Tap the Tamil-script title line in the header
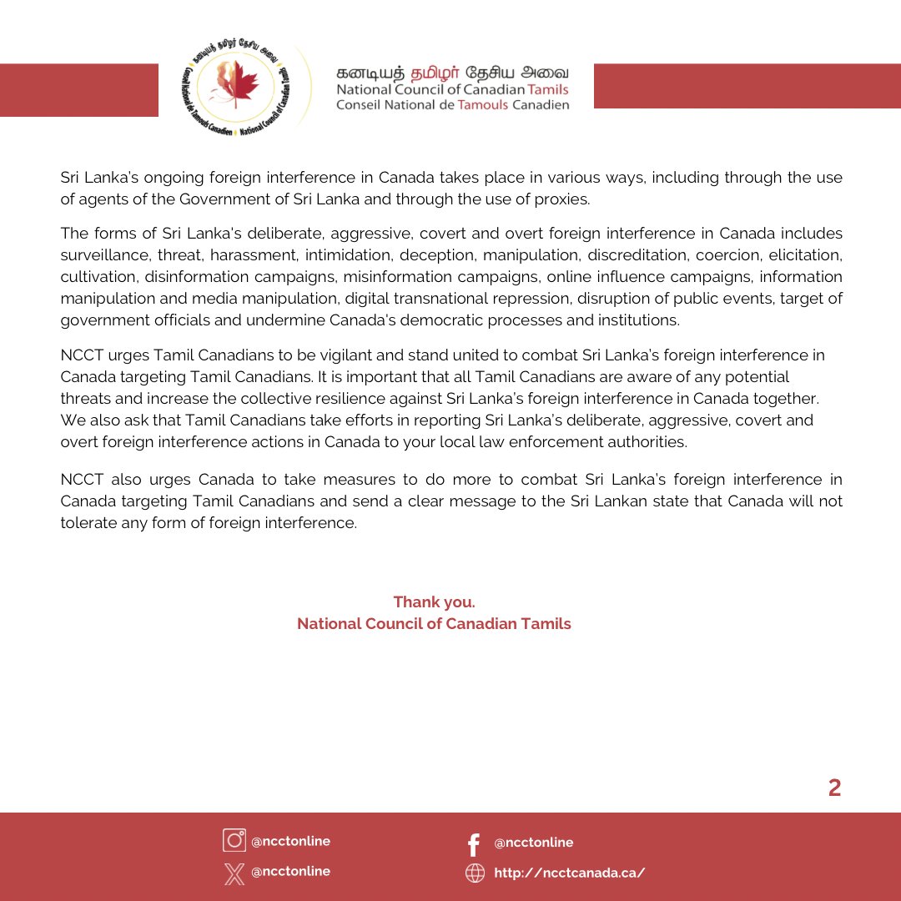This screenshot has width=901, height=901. point(453,72)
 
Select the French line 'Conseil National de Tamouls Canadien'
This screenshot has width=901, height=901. point(453,105)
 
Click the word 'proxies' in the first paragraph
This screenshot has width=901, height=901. point(566,199)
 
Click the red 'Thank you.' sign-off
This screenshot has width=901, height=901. point(434,602)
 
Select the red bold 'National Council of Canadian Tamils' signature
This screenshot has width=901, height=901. point(434,624)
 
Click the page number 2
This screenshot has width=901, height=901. point(834,788)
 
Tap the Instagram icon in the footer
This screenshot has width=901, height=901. point(234,840)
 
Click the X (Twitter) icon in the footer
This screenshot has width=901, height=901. point(234,872)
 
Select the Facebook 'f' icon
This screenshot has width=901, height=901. point(474,843)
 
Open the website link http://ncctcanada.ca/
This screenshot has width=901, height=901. point(570,873)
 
